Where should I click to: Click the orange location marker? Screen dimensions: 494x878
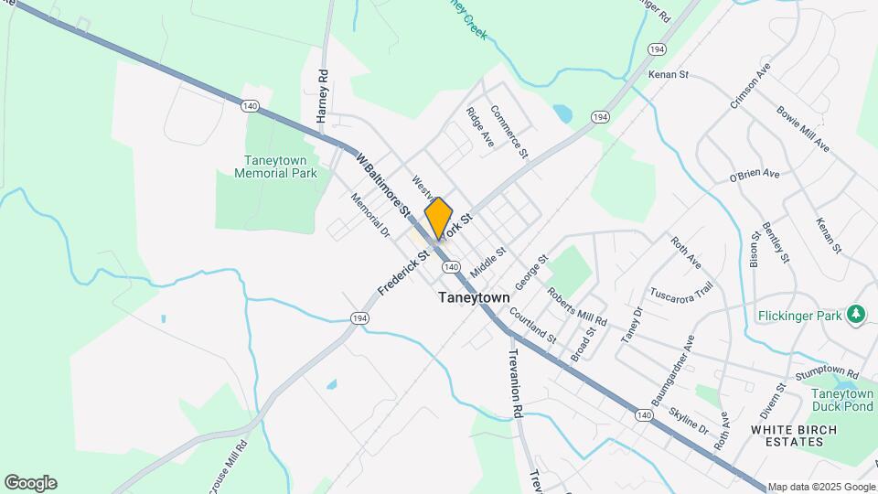tap(439, 218)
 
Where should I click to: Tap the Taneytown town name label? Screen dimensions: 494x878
tap(474, 297)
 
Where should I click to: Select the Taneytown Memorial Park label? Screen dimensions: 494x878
tap(275, 166)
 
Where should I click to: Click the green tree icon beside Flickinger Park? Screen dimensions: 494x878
tap(856, 315)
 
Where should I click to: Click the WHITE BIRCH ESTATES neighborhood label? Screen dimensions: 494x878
tap(787, 435)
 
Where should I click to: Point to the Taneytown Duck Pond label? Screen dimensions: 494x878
tap(842, 400)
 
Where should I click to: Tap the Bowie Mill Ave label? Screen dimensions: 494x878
tap(803, 129)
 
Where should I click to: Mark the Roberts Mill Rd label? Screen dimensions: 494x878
tap(577, 307)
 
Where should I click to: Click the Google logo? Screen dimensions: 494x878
tap(30, 483)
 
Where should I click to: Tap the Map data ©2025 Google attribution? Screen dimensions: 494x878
tap(821, 488)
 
